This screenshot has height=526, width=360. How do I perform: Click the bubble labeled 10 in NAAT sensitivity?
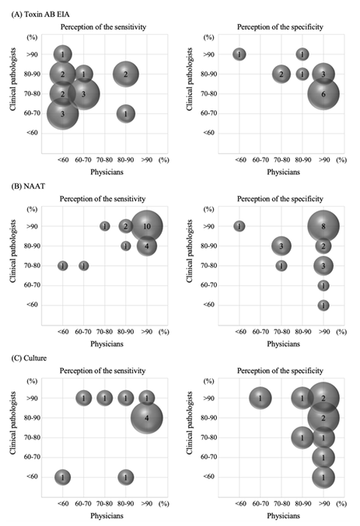[x=147, y=226]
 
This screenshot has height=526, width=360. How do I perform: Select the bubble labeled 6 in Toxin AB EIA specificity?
[x=323, y=94]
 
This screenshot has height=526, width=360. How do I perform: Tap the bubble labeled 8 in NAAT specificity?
[x=323, y=226]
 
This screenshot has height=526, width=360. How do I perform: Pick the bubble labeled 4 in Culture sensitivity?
[x=147, y=418]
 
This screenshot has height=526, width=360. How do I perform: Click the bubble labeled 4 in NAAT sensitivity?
[x=147, y=246]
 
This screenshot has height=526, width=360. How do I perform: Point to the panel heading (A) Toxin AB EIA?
[x=40, y=15]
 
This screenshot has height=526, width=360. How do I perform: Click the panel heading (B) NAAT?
[x=28, y=186]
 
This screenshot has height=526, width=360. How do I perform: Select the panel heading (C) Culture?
[x=29, y=358]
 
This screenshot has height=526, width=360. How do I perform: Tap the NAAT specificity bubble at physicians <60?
[x=239, y=226]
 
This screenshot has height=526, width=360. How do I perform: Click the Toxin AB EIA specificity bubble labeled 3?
[x=323, y=74]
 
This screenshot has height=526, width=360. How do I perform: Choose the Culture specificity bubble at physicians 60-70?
[x=260, y=398]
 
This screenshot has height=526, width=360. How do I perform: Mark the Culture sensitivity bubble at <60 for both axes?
[x=62, y=477]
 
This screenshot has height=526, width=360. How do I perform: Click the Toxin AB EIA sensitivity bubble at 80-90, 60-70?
[x=126, y=114]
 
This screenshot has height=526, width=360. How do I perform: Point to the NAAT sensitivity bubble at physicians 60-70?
[x=84, y=266]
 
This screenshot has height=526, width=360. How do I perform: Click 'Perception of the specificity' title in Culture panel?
[x=280, y=371]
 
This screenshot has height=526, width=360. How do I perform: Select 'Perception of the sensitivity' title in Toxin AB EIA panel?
[x=103, y=27]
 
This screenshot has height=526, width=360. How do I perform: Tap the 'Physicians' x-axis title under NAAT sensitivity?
[x=107, y=344]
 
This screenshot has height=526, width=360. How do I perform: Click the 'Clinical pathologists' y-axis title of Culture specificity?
[x=190, y=423]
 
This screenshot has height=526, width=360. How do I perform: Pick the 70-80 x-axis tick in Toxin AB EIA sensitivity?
[x=104, y=160]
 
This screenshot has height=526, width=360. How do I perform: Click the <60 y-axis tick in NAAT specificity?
[x=209, y=305]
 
